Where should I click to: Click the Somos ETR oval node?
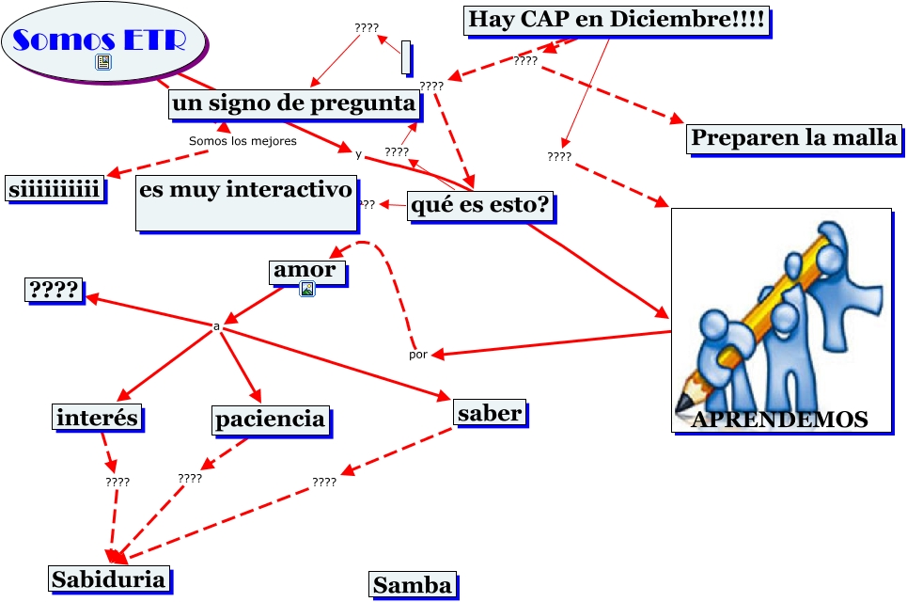[103, 41]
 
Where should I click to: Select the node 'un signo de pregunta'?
[294, 103]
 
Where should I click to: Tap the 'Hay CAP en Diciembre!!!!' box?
[617, 20]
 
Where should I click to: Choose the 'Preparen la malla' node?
[794, 138]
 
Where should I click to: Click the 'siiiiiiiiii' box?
[54, 189]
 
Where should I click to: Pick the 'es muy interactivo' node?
[246, 201]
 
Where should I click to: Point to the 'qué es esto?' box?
[479, 206]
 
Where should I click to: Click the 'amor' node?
[305, 271]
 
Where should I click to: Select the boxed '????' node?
[53, 291]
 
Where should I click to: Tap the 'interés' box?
[97, 417]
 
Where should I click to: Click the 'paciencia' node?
[271, 419]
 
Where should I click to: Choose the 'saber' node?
[489, 412]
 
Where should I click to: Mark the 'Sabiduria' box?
[109, 578]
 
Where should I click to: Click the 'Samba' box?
[413, 585]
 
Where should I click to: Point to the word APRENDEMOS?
[779, 420]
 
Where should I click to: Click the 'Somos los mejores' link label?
[242, 141]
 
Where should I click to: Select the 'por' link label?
[418, 355]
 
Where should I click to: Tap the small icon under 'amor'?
[306, 290]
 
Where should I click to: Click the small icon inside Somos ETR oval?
[103, 63]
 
